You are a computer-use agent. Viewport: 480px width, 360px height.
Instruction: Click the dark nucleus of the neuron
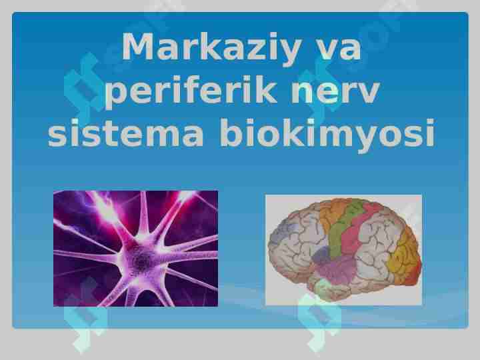point(141,256)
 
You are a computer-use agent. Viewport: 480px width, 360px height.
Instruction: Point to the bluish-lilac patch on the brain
point(283,231)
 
